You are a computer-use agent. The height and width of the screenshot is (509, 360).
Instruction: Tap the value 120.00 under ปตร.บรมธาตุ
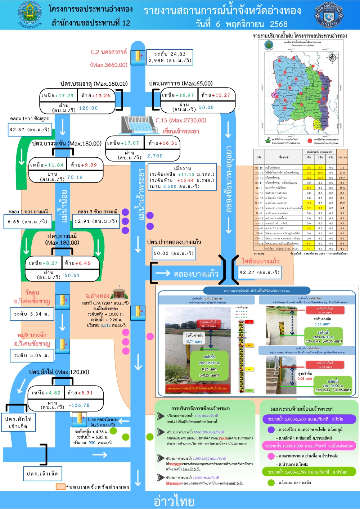(88, 108)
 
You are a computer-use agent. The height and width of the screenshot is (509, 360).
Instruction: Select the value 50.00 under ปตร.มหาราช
(206, 107)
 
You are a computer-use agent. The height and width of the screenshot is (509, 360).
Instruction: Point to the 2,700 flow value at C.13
(155, 156)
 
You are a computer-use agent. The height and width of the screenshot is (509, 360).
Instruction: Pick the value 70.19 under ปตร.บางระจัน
(75, 177)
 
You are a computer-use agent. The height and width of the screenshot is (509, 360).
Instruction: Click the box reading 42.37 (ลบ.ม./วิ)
(30, 130)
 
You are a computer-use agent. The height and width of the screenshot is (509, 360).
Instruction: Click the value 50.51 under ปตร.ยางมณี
(72, 275)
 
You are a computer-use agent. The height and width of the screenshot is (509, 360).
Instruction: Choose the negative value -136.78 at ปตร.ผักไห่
(79, 405)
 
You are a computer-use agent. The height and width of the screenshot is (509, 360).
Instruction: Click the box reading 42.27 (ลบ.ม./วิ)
(260, 272)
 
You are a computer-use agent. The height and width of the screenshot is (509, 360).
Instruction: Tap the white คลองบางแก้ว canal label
(196, 274)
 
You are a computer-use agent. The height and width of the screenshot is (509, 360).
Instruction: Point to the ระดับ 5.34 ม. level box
(32, 314)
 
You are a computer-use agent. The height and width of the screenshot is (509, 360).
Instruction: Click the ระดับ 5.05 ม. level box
(32, 355)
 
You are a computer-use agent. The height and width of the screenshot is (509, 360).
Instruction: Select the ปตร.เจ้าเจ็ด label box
(42, 474)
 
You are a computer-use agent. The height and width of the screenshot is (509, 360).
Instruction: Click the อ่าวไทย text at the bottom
(174, 501)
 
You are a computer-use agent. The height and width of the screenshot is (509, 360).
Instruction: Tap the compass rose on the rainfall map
(332, 58)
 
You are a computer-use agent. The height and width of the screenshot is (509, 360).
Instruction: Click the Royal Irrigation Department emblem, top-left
(30, 14)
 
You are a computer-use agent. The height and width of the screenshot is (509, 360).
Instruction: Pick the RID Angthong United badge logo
(329, 15)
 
